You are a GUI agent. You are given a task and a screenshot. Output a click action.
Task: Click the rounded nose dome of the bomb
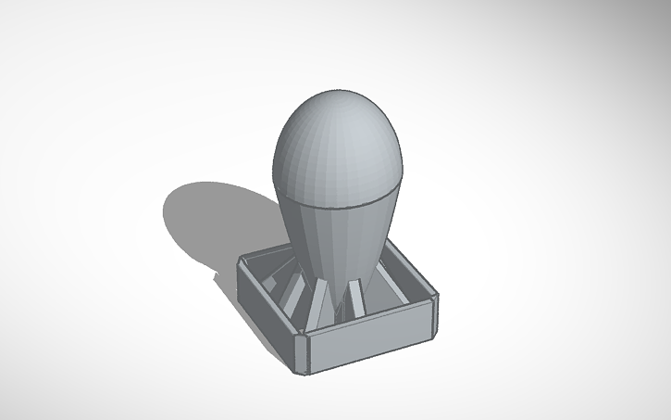click(x=338, y=148)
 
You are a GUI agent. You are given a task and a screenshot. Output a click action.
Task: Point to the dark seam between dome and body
click(x=338, y=205)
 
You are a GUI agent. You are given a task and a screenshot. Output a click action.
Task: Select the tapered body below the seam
click(x=335, y=241)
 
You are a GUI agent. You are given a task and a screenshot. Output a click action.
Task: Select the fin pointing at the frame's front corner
click(x=319, y=302)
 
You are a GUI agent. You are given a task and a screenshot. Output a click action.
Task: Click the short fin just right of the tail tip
click(x=357, y=297)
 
